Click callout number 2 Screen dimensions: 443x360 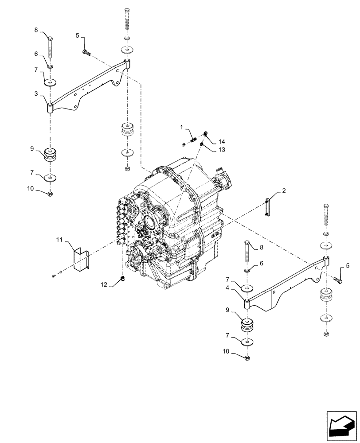point(284,191)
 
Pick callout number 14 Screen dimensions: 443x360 point(222,141)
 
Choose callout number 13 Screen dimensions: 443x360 point(222,150)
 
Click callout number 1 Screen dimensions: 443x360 point(181,128)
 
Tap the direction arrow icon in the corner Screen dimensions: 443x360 point(341,427)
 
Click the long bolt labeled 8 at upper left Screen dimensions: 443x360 point(51,48)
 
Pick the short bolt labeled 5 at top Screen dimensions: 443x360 point(86,53)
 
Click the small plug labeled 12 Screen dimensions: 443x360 point(122,278)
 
